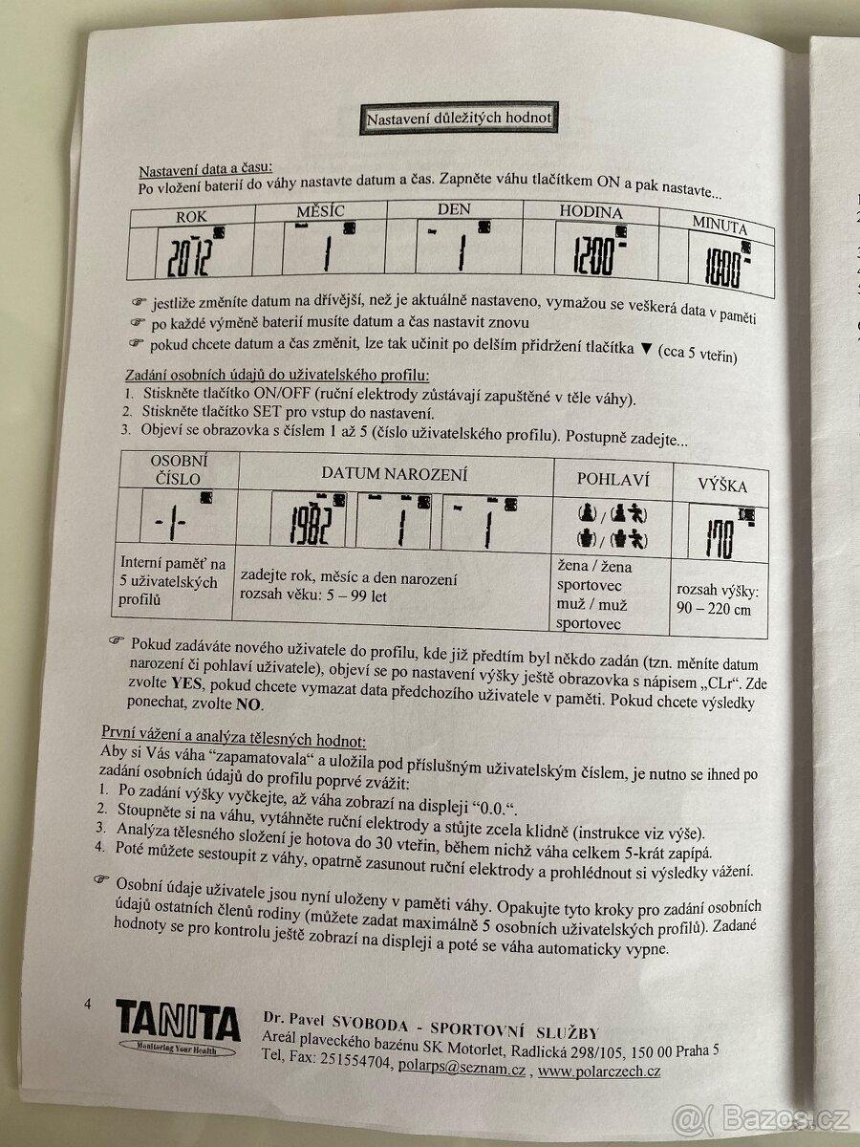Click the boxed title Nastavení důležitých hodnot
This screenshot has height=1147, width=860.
pos(458,119)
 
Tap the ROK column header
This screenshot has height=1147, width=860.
pos(191,217)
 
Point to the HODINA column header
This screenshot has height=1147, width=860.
pos(591,212)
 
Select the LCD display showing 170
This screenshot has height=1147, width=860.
pos(720,530)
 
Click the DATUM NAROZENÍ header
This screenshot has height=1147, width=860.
pos(395,474)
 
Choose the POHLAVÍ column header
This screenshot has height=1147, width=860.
pos(613,477)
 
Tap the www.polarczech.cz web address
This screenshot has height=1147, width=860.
pos(598,1071)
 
